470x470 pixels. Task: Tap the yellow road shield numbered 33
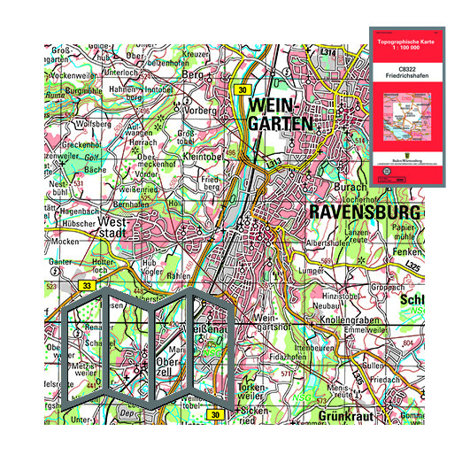87,286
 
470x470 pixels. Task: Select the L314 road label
329,53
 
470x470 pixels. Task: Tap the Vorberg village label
200,111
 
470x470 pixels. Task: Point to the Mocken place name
67,241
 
